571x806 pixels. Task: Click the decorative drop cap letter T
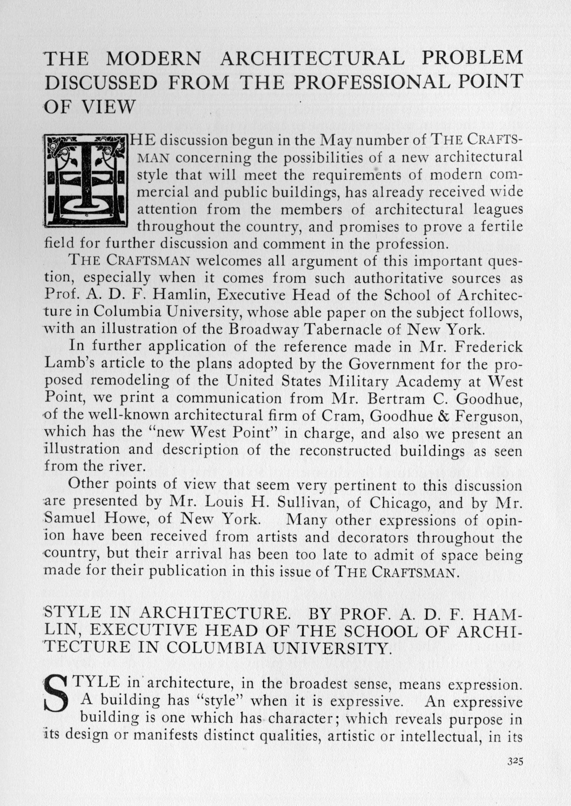(86, 179)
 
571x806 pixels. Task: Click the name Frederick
(488, 346)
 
